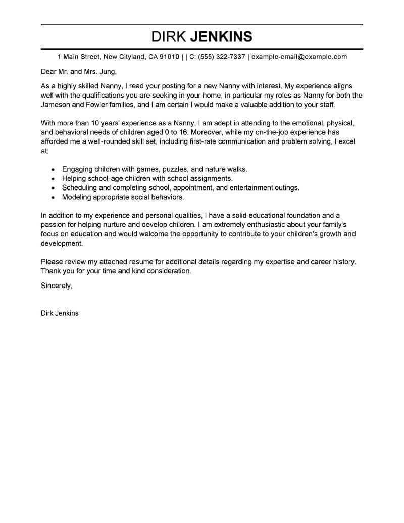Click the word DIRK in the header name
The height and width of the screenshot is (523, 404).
[x=169, y=37]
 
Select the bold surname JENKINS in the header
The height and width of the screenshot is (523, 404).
[x=221, y=37]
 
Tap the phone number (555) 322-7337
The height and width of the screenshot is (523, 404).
[x=222, y=57]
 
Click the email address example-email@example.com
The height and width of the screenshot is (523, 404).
[x=299, y=57]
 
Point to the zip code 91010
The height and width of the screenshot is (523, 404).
[x=170, y=57]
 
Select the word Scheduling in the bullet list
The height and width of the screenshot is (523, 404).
[x=79, y=187]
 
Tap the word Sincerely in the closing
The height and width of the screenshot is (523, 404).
[x=56, y=286]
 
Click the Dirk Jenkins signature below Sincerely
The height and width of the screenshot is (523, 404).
[x=59, y=313]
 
